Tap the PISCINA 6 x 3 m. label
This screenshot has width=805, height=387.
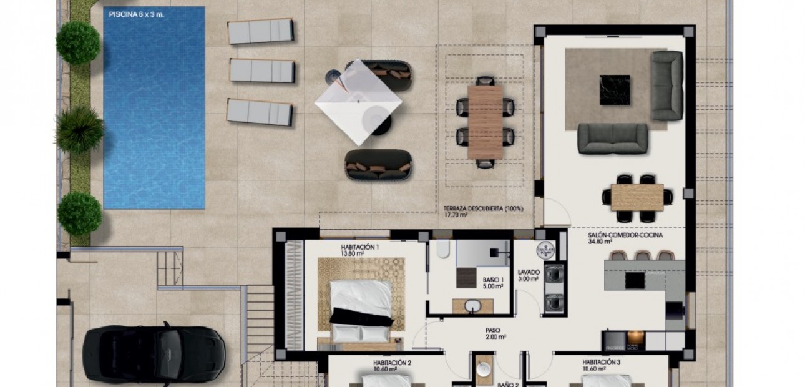tap(136, 14)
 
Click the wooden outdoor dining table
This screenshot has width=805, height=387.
tap(485, 121)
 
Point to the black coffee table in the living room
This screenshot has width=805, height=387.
tap(615, 90)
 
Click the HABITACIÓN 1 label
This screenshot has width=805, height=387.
tap(360, 247)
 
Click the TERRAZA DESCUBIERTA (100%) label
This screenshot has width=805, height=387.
tap(483, 208)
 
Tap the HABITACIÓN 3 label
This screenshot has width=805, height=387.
tap(601, 362)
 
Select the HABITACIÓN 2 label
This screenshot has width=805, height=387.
tap(392, 362)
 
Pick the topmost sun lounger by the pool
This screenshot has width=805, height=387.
tap(260, 31)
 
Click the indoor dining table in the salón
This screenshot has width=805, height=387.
tap(637, 197)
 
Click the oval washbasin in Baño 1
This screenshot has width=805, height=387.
tap(472, 306)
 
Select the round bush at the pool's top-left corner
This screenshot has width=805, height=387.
tap(78, 42)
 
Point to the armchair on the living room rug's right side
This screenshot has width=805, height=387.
tap(666, 86)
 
